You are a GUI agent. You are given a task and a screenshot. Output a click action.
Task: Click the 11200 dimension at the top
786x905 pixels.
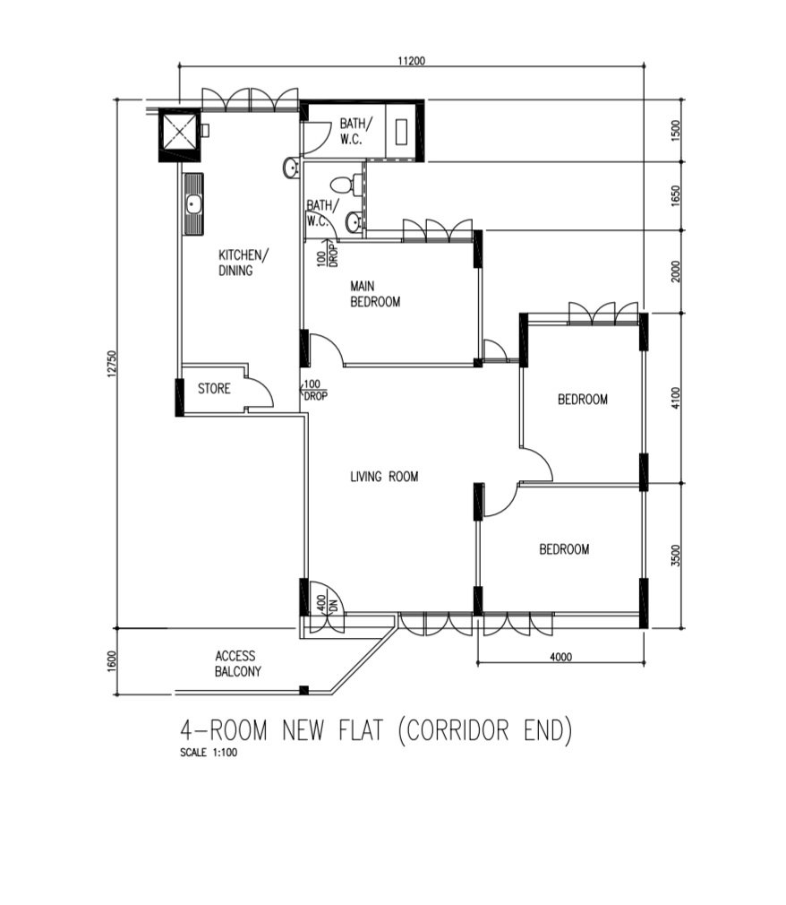411,60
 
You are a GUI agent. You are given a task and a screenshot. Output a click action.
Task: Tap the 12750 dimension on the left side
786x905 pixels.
112,364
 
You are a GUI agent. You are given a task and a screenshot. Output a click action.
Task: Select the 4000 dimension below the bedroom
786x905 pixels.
560,656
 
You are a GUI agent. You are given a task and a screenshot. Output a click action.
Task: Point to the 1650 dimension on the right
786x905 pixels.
676,195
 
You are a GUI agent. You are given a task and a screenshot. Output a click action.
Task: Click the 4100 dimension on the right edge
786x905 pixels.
676,398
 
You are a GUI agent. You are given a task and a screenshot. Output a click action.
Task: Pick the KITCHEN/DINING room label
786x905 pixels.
243,263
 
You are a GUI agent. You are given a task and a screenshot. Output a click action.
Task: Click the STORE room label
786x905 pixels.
214,389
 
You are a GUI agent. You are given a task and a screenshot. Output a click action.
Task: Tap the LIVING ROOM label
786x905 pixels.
384,476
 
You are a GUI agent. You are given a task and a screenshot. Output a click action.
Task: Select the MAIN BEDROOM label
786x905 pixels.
375,294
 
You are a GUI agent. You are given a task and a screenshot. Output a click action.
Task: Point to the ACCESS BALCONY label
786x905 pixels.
237,664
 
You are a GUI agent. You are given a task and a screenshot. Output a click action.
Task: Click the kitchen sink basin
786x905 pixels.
193,203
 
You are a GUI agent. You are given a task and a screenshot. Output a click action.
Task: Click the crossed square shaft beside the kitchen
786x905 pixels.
179,134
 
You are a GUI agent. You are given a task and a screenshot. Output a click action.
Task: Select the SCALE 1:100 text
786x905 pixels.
209,753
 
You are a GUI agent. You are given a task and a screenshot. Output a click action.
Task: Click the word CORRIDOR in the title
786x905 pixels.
457,729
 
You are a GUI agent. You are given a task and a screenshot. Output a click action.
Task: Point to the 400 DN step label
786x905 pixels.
327,604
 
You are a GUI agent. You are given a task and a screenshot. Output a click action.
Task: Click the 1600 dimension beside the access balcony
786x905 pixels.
112,661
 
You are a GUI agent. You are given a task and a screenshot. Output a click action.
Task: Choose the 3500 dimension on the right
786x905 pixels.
676,556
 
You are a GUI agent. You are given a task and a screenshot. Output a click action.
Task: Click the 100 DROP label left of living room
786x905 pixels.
314,390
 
